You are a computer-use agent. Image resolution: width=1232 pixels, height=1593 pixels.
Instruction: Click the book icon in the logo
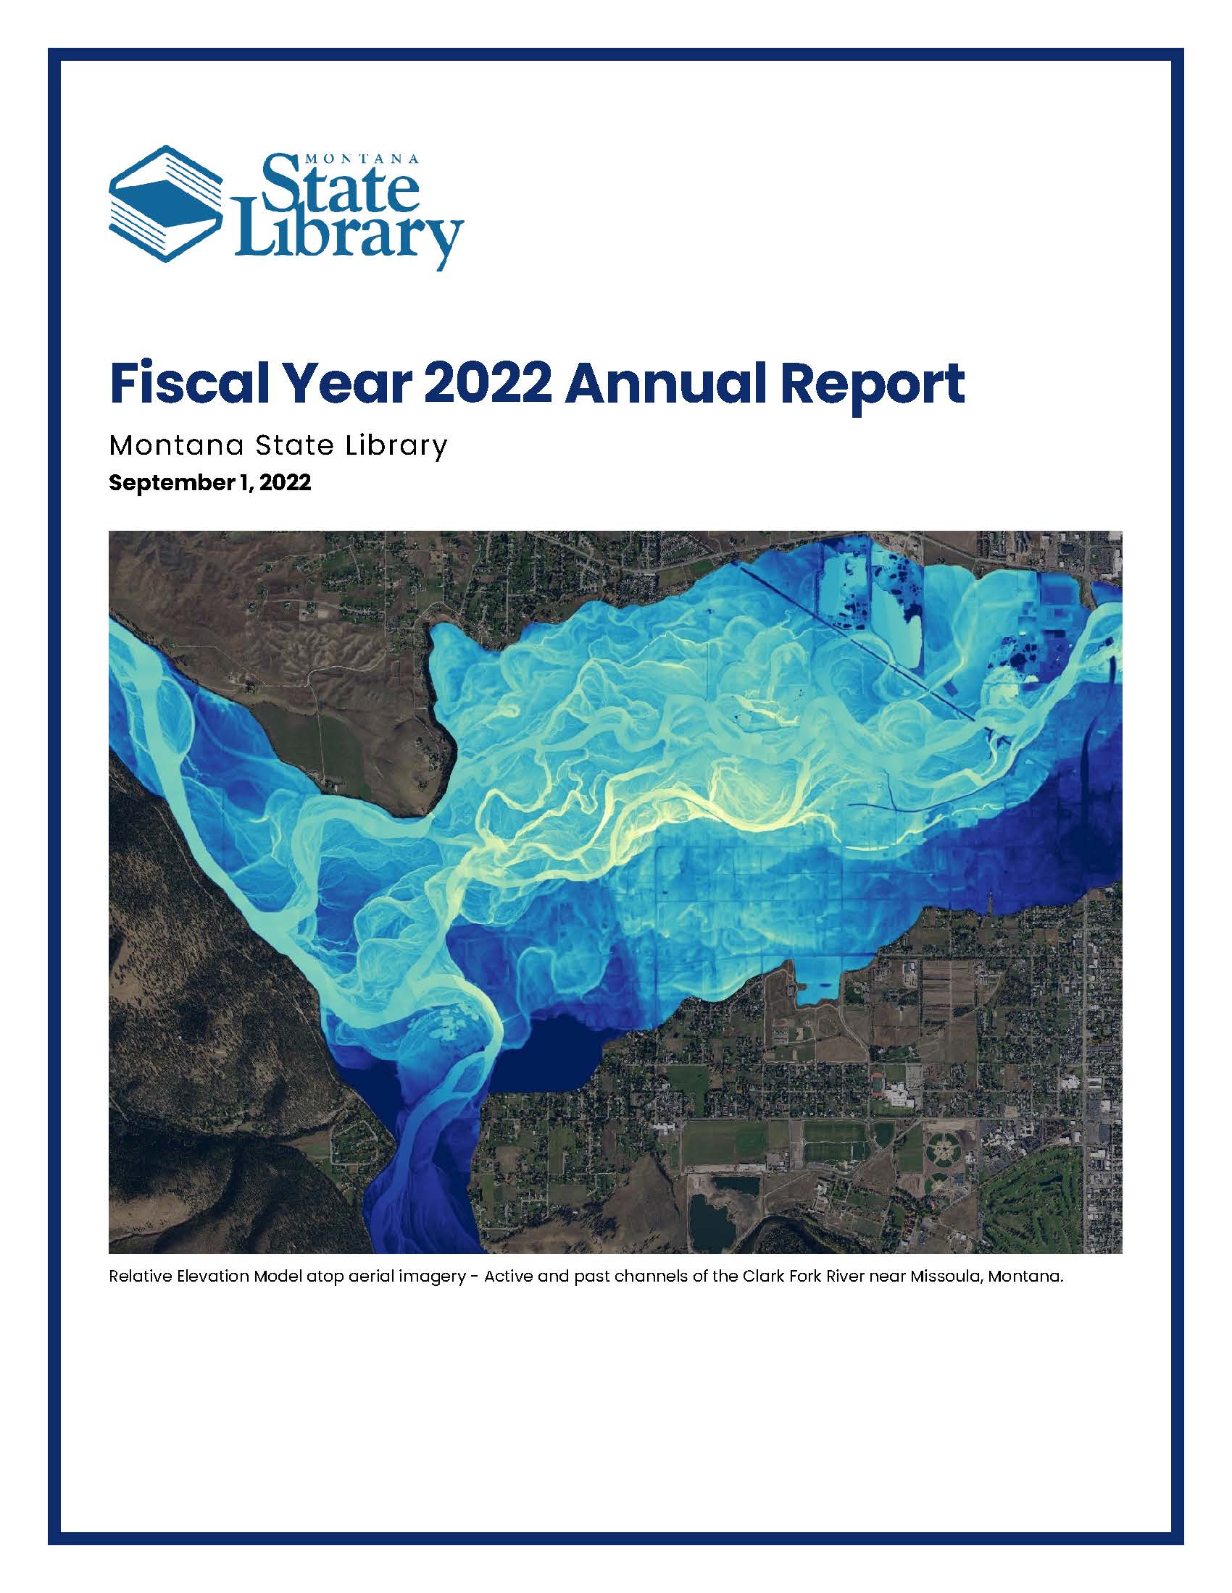[168, 203]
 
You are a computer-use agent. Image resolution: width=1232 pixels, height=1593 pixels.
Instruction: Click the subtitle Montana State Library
[278, 445]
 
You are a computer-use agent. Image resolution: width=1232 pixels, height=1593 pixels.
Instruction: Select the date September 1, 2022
[210, 482]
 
